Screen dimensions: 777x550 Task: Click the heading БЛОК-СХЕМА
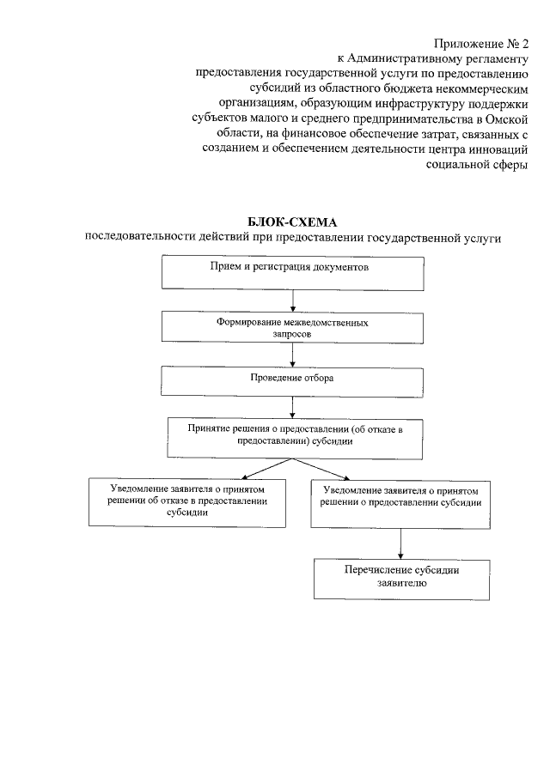[293, 222]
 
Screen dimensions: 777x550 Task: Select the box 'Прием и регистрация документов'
[293, 274]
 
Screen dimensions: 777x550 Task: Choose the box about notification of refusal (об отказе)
[187, 501]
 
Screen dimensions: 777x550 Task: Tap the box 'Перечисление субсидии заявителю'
[400, 579]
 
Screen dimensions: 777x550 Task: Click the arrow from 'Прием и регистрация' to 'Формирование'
[293, 300]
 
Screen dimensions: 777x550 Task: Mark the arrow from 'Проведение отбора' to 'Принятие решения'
[293, 406]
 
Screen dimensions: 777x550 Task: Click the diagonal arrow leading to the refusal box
[269, 468]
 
